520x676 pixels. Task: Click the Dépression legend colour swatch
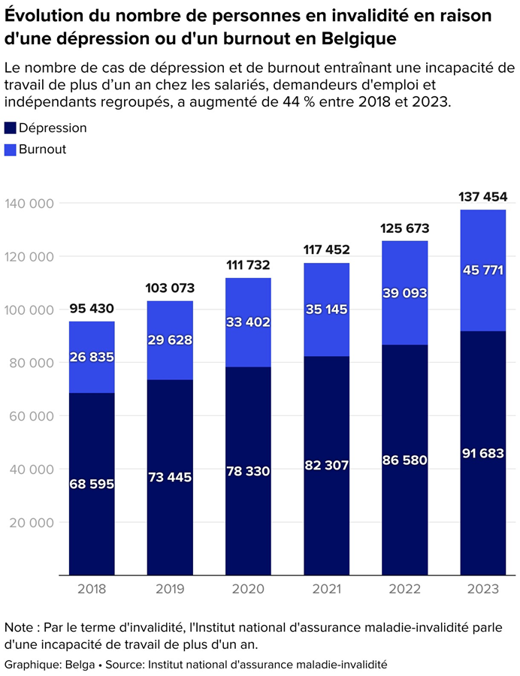(11, 128)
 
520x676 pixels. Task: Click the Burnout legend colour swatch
(11, 149)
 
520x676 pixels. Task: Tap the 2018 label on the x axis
(92, 589)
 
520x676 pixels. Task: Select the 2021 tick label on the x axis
(327, 589)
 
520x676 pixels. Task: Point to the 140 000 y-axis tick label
(29, 204)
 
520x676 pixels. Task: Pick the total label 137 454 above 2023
(482, 197)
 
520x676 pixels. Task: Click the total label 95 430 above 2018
(92, 309)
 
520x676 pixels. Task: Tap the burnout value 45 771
(482, 270)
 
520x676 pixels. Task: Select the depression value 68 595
(92, 484)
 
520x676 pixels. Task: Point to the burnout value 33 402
(248, 322)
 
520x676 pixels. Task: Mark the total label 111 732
(248, 265)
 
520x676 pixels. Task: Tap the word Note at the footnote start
(19, 627)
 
